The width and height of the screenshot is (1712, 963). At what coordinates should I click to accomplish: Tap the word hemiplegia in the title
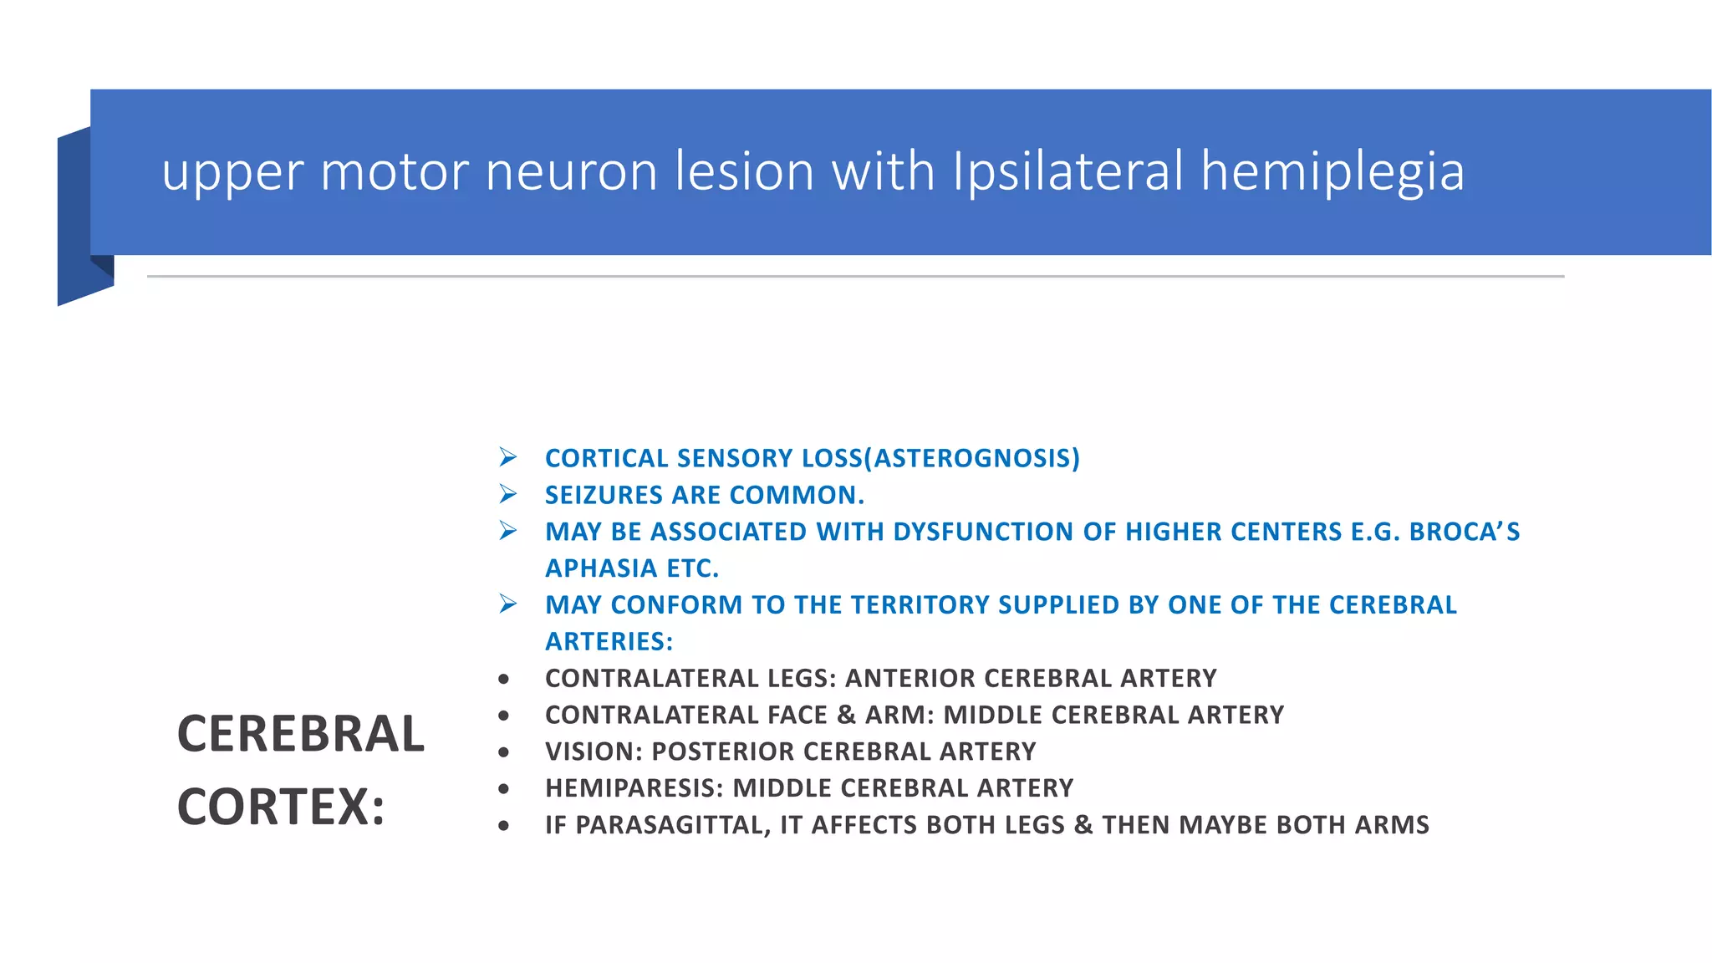coord(1332,173)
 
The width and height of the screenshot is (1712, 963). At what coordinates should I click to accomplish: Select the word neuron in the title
coord(572,171)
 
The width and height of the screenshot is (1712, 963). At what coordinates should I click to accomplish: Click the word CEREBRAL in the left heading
coord(301,734)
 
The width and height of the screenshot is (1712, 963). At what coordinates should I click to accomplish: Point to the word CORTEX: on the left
coord(281,807)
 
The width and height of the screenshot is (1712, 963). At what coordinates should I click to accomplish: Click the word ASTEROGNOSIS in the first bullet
coord(972,458)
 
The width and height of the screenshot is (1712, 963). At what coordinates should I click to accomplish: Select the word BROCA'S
coord(1465,532)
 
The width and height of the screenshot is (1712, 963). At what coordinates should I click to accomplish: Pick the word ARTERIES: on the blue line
coord(609,641)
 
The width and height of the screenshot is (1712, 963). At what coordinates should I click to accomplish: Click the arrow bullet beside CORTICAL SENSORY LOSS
coord(507,457)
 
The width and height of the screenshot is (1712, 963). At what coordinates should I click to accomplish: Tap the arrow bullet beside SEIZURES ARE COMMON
coord(507,494)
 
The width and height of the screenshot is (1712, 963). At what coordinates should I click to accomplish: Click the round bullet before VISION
coord(503,752)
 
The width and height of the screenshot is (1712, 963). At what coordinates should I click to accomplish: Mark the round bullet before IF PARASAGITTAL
coord(503,826)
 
